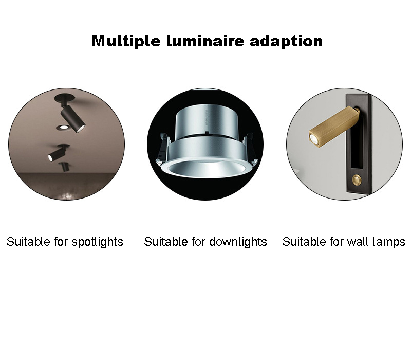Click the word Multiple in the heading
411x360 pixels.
(126, 42)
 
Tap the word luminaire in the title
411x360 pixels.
(205, 41)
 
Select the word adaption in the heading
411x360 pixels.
(286, 42)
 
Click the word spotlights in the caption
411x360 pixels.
(97, 242)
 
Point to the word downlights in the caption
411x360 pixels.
(238, 242)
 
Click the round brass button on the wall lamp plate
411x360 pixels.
(356, 179)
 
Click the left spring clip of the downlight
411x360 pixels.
(162, 148)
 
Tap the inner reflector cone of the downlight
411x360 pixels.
(205, 169)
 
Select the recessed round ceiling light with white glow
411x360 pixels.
(63, 128)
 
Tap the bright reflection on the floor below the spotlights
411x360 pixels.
(68, 195)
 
